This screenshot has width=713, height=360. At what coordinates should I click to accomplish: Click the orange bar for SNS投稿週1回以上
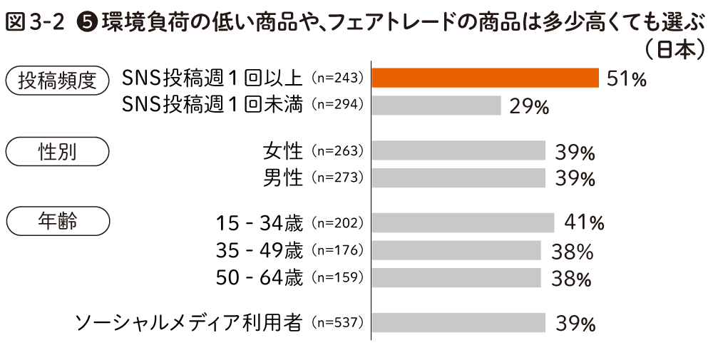point(485,78)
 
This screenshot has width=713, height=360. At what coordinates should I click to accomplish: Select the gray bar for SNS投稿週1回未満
point(436,106)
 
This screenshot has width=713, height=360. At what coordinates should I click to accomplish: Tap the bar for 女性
point(458,150)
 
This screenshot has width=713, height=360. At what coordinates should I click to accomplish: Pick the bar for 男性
point(458,178)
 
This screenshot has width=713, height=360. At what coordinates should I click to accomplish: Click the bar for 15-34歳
point(463,222)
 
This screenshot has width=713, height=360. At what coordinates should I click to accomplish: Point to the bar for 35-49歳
point(456,250)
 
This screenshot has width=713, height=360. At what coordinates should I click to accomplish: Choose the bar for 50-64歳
point(456,277)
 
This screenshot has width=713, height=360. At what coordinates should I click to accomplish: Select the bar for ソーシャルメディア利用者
point(458,323)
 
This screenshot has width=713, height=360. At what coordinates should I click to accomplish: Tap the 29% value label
point(529,107)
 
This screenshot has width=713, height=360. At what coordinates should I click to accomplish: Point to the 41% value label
point(584,223)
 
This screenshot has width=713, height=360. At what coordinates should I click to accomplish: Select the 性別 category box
point(57,151)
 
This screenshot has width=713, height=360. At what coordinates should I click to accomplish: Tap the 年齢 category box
point(57,222)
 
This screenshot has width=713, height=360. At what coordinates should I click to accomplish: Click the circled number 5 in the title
point(88,23)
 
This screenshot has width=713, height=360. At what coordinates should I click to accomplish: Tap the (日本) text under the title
point(673,50)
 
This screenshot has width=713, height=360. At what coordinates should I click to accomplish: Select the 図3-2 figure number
point(36,23)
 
